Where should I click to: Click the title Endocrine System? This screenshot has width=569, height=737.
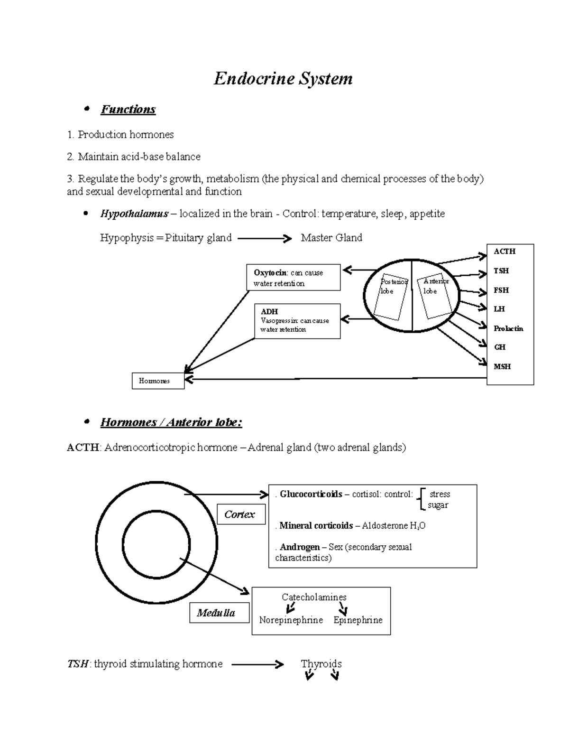[x=283, y=79]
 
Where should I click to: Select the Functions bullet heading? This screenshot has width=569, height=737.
[x=128, y=110]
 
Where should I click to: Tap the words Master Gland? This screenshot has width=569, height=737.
[x=331, y=238]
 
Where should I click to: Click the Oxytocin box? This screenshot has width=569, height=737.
[x=294, y=278]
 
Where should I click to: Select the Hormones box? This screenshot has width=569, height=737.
[x=158, y=381]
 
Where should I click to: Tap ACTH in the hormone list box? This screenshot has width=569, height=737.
[x=504, y=252]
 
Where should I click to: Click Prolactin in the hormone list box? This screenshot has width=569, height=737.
[x=508, y=328]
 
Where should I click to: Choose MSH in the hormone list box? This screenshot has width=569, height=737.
[x=502, y=366]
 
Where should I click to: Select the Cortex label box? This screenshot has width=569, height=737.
[x=241, y=514]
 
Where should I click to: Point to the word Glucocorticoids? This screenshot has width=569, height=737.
[x=311, y=494]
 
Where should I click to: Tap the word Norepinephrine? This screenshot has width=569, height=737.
[x=291, y=620]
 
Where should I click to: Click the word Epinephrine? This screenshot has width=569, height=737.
[x=358, y=620]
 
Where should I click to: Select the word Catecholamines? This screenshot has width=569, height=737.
[x=314, y=597]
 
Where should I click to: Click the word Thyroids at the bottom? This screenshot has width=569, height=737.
[x=321, y=663]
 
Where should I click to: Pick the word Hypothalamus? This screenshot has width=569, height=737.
[x=134, y=214]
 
